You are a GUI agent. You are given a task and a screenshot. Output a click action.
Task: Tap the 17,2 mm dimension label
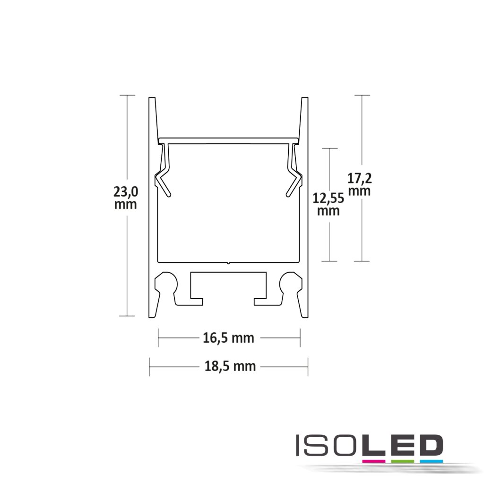[359, 184]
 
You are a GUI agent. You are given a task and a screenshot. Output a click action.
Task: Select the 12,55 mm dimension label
[328, 204]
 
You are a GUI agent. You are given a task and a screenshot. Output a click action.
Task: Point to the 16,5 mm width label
[229, 338]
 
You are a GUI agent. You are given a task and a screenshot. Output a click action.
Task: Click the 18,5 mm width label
[230, 366]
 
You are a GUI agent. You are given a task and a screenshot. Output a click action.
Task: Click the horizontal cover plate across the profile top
[229, 140]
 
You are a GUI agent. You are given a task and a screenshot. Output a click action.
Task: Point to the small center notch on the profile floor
[228, 262]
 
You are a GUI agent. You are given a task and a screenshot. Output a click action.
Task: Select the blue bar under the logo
[430, 460]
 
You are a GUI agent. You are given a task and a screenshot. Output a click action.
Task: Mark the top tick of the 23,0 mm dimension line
[127, 95]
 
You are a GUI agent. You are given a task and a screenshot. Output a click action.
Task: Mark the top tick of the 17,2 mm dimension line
[362, 95]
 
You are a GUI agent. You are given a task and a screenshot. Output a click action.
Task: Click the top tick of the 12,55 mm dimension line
[329, 148]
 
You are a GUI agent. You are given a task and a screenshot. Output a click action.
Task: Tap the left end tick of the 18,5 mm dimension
[149, 366]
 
